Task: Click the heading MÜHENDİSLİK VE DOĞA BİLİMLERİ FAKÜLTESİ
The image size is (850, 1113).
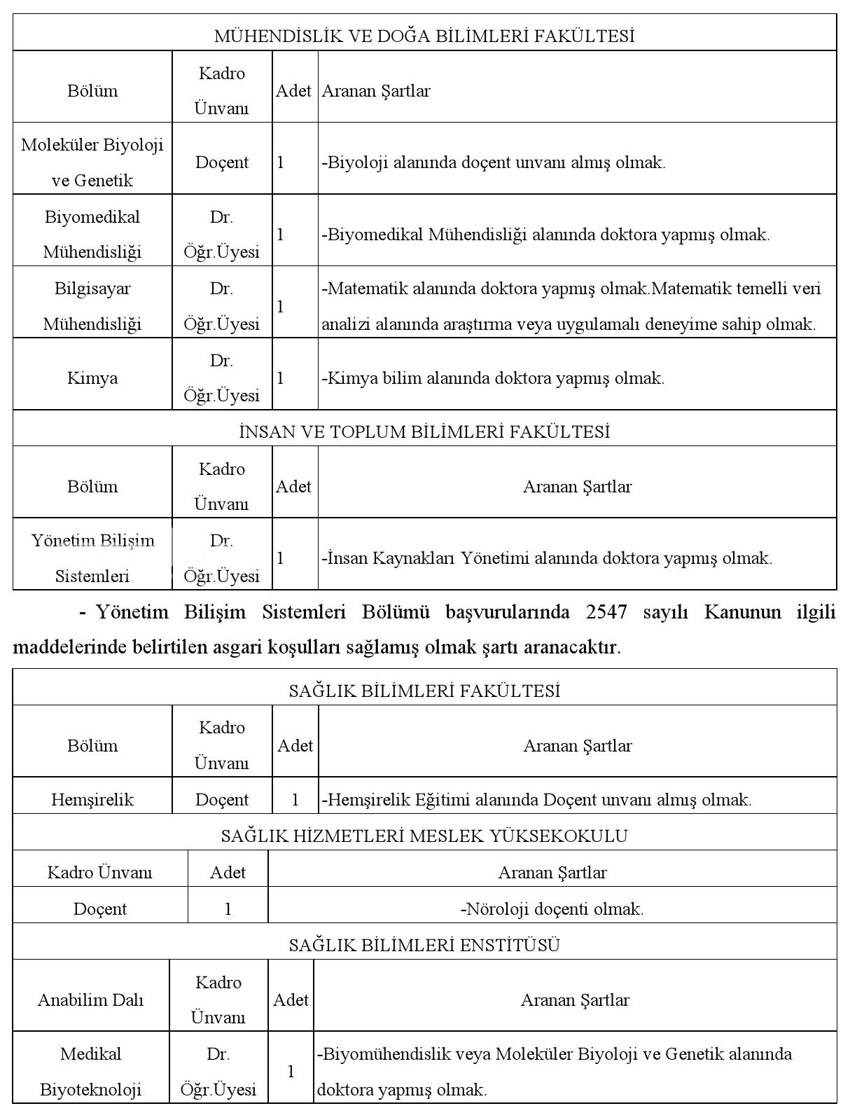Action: [424, 36]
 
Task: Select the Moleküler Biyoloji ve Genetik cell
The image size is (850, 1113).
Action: [92, 162]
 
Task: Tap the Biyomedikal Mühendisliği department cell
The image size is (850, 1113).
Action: [92, 234]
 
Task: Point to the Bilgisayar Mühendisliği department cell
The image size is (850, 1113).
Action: [92, 306]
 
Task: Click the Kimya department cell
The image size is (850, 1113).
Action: [92, 378]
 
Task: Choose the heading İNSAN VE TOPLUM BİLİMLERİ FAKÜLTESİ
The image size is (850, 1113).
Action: [424, 431]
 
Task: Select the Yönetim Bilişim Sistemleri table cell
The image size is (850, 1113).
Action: [92, 558]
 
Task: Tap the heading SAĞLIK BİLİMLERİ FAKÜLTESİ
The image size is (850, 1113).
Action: [424, 691]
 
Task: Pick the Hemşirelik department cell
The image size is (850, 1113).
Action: [92, 799]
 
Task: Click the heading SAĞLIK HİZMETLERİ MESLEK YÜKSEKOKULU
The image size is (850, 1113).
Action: [424, 836]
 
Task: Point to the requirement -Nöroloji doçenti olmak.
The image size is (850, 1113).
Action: [552, 908]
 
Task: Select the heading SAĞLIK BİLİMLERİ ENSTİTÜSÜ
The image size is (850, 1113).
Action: [424, 945]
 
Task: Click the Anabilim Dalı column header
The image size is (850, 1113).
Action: [91, 1000]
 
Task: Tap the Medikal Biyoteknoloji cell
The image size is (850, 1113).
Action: [91, 1072]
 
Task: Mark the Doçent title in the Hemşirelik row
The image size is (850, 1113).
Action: [222, 799]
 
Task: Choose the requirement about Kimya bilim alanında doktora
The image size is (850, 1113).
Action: [493, 378]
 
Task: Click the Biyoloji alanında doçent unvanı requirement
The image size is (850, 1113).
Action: [494, 163]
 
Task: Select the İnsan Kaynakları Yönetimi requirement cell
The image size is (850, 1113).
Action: [547, 558]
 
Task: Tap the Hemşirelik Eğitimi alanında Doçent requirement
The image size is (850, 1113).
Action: [536, 799]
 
